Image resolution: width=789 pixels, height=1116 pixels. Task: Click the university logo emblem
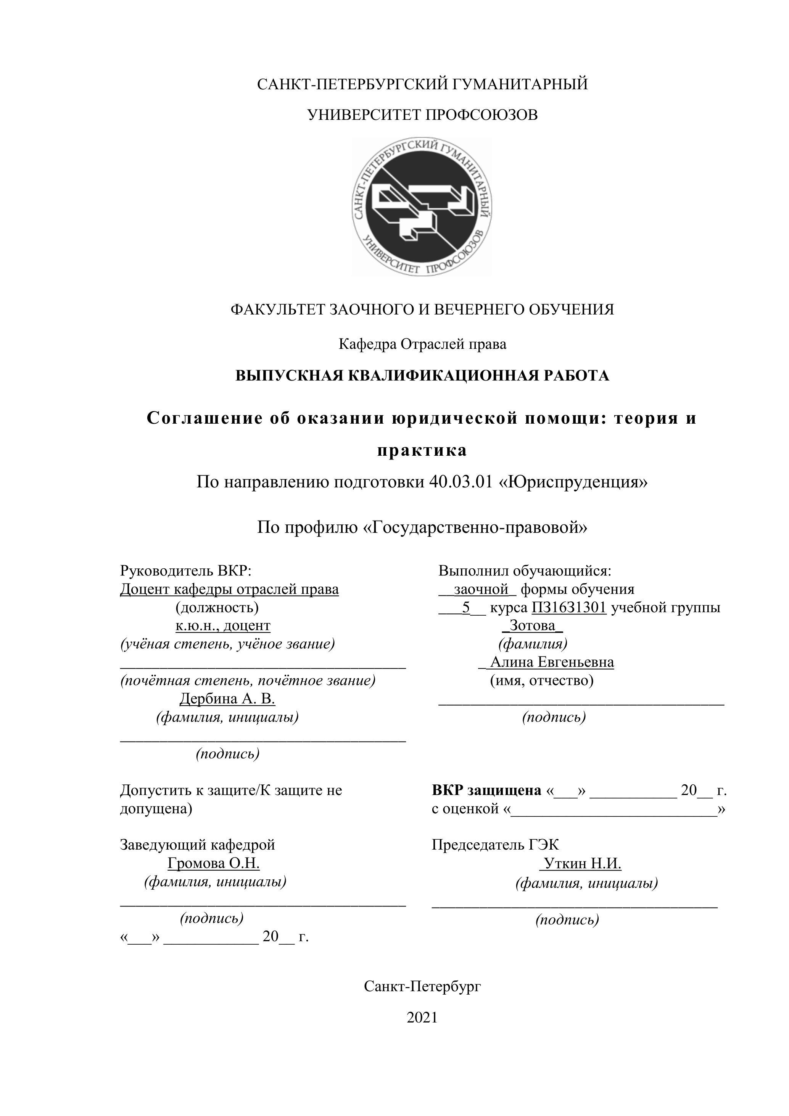coord(422,206)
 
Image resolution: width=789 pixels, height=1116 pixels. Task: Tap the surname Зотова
coord(533,625)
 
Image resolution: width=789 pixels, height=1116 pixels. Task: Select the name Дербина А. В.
coord(227,698)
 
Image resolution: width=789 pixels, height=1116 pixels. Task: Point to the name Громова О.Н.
coord(214,863)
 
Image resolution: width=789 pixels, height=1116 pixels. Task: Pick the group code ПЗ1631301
coord(569,607)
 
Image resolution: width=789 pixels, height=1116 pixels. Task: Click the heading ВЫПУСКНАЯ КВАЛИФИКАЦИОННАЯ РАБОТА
coord(422,376)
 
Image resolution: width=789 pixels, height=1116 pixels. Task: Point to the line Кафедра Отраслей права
coord(422,344)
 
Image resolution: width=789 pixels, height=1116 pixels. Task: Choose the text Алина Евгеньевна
coord(552,662)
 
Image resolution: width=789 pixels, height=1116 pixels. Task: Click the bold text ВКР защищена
coord(486,790)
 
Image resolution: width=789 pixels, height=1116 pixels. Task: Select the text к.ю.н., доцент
coord(223,625)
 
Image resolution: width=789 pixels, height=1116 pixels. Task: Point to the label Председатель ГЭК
coord(495,845)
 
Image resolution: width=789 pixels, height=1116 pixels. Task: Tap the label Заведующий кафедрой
coord(197,845)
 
